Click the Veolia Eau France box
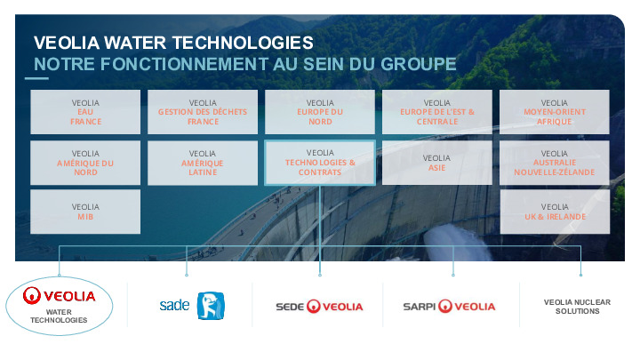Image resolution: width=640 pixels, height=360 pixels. pyautogui.click(x=86, y=112)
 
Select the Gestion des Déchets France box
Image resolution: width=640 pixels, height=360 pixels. pyautogui.click(x=203, y=112)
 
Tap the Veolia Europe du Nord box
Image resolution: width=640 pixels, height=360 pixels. pyautogui.click(x=320, y=112)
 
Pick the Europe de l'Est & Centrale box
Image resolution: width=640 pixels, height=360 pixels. pyautogui.click(x=437, y=112)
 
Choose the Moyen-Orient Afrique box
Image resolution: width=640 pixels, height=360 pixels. pyautogui.click(x=555, y=112)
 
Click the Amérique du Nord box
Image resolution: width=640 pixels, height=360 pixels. pyautogui.click(x=86, y=163)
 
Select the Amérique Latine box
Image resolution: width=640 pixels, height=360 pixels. pyautogui.click(x=203, y=163)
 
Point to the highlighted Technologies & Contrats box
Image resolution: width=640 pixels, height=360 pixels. pyautogui.click(x=320, y=162)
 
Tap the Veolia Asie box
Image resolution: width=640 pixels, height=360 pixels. pyautogui.click(x=437, y=163)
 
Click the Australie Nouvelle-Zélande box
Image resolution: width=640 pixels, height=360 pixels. pyautogui.click(x=555, y=163)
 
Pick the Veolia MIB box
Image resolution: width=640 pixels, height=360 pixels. pyautogui.click(x=86, y=212)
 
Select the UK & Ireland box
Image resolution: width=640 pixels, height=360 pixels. pyautogui.click(x=555, y=212)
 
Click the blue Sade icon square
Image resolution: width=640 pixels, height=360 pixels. pyautogui.click(x=211, y=306)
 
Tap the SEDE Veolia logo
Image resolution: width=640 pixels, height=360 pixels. pyautogui.click(x=319, y=307)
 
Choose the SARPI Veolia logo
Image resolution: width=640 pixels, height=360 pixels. pyautogui.click(x=449, y=307)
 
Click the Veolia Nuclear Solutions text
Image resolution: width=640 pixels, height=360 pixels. pyautogui.click(x=577, y=307)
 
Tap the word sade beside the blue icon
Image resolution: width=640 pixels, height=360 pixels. pyautogui.click(x=174, y=306)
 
